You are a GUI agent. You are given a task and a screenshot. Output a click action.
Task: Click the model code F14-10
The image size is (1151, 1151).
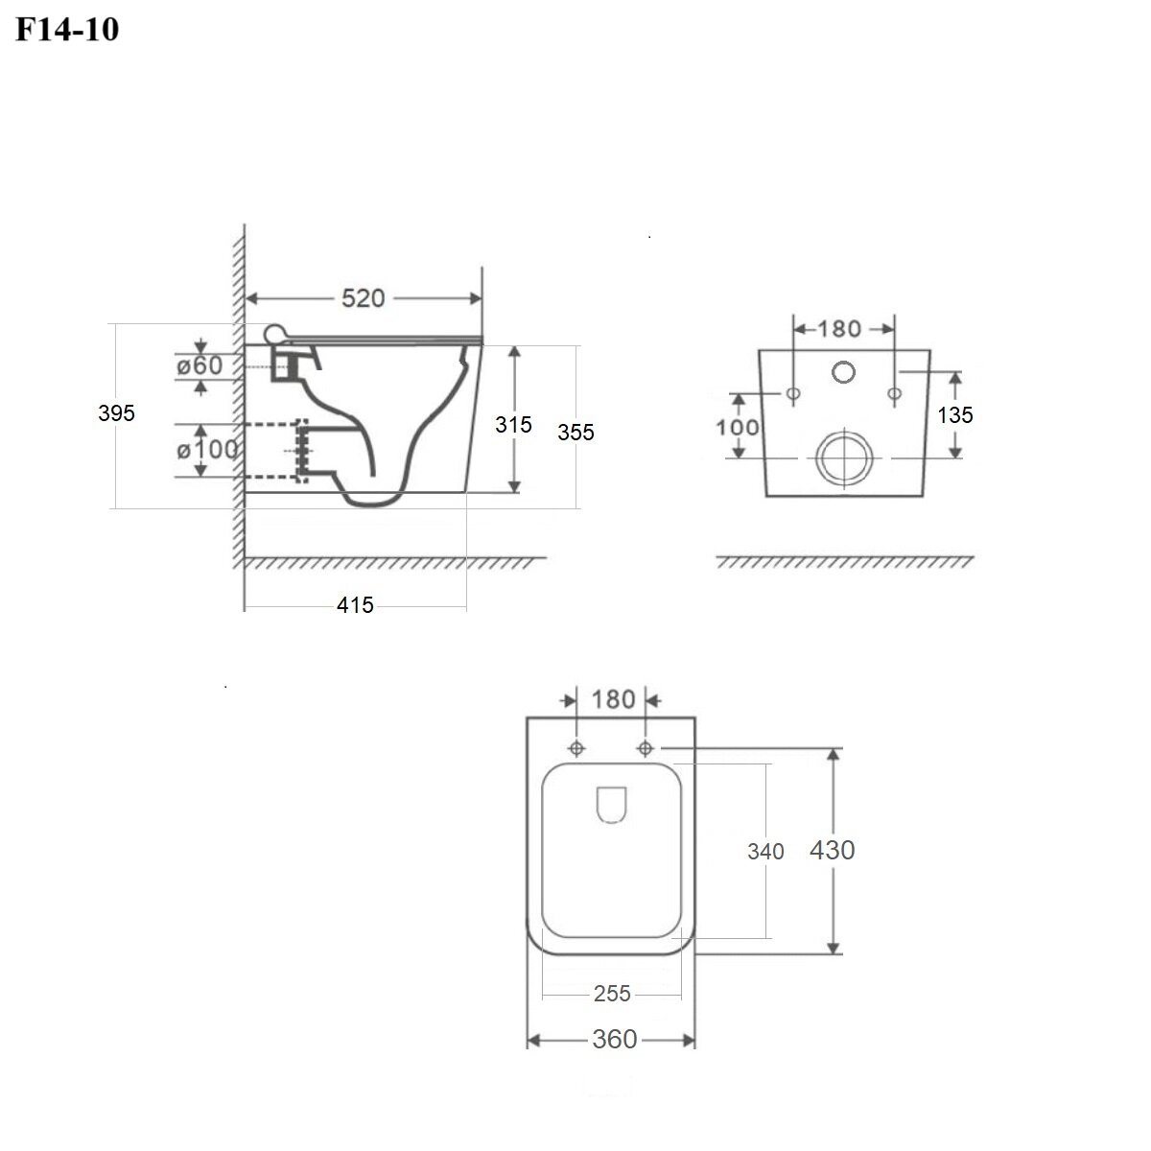click(x=67, y=30)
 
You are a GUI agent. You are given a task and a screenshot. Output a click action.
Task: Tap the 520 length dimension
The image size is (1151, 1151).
click(x=364, y=298)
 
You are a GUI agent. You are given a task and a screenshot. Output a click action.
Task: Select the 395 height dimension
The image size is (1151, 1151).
click(x=116, y=413)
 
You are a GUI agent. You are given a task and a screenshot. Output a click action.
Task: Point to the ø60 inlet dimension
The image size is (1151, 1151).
click(x=200, y=365)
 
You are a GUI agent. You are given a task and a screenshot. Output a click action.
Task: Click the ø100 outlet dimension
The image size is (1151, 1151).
click(x=207, y=449)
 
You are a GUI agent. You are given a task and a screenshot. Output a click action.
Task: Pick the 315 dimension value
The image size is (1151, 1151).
click(x=513, y=425)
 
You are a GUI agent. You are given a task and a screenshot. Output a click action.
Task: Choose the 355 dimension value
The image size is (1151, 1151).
click(x=575, y=433)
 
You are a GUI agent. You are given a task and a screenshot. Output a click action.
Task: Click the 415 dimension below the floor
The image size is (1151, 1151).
click(x=355, y=604)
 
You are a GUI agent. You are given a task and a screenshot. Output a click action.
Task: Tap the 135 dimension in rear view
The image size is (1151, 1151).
click(x=955, y=414)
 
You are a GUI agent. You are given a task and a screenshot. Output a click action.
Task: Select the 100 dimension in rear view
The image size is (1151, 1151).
click(x=738, y=427)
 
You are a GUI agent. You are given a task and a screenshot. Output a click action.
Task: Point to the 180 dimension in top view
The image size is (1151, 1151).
click(x=611, y=699)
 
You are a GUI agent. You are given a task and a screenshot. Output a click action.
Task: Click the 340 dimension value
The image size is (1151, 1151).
click(x=765, y=851)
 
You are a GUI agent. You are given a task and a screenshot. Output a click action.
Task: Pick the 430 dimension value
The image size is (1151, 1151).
click(x=832, y=850)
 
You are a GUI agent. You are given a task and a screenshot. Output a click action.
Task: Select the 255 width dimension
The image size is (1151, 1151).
click(x=612, y=994)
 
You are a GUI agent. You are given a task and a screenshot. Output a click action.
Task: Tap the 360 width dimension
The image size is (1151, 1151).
click(x=614, y=1039)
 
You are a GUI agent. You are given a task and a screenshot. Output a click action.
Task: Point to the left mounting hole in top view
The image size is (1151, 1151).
click(x=576, y=748)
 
